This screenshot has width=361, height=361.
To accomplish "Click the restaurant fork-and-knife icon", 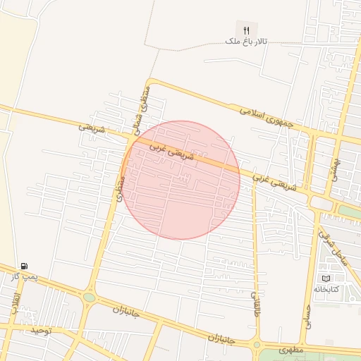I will coord(246,30).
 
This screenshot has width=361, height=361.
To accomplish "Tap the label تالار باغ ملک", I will coord(243,42).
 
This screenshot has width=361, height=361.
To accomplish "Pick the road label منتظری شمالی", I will coord(142,106).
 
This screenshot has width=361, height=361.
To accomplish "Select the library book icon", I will coord(326,279).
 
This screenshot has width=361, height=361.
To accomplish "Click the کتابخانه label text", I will coord(326,290).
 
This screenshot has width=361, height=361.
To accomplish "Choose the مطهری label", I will coord(290,349).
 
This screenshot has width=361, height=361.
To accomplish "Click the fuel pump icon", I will coord(25,266).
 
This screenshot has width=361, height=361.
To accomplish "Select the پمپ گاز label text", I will coord(24,277).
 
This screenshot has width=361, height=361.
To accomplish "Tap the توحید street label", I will coord(40,330).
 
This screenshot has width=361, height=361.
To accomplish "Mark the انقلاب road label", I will coord(15,304).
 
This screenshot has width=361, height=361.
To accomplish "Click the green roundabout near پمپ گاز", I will coord(89,298).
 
